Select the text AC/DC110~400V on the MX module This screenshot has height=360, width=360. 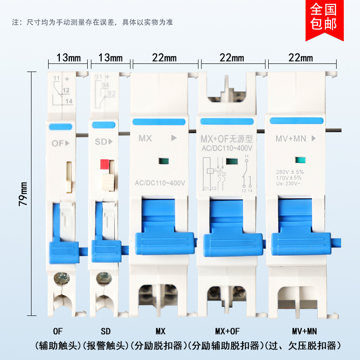coord(160,183)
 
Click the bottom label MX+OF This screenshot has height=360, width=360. coord(227,332)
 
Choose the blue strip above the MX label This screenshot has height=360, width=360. coord(158,122)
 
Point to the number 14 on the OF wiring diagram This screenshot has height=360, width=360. coord(68,101)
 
